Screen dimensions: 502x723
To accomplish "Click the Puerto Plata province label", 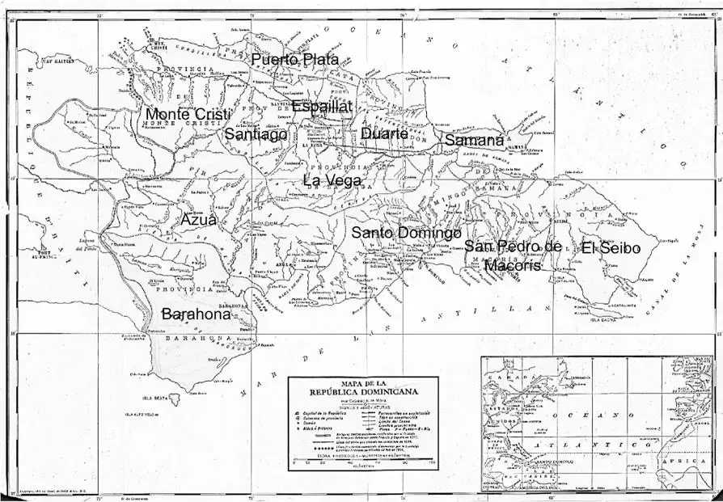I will click(x=294, y=60).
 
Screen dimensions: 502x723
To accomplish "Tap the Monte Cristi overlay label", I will click(x=188, y=115).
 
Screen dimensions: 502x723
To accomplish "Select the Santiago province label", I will click(x=256, y=134).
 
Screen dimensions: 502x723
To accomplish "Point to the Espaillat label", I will click(x=322, y=107).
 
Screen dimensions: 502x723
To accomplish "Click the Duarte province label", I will click(x=384, y=133).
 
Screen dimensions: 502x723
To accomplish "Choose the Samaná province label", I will click(x=475, y=141).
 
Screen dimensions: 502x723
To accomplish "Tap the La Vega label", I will click(x=332, y=180).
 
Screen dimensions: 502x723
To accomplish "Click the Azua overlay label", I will click(x=198, y=220).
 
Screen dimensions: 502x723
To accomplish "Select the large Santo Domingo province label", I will click(x=406, y=233).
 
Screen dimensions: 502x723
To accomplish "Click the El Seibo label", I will click(x=611, y=248).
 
